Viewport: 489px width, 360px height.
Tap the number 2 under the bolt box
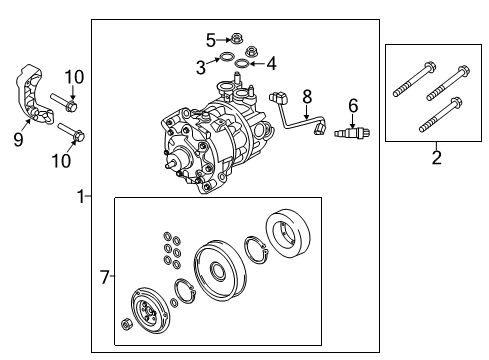coord(435,156)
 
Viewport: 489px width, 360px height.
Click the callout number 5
coord(210,40)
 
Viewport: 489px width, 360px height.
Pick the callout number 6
coord(352,106)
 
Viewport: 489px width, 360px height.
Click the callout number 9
coord(18,140)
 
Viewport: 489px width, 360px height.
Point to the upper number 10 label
coord(70,77)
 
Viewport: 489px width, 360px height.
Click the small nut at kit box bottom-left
coord(126,325)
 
